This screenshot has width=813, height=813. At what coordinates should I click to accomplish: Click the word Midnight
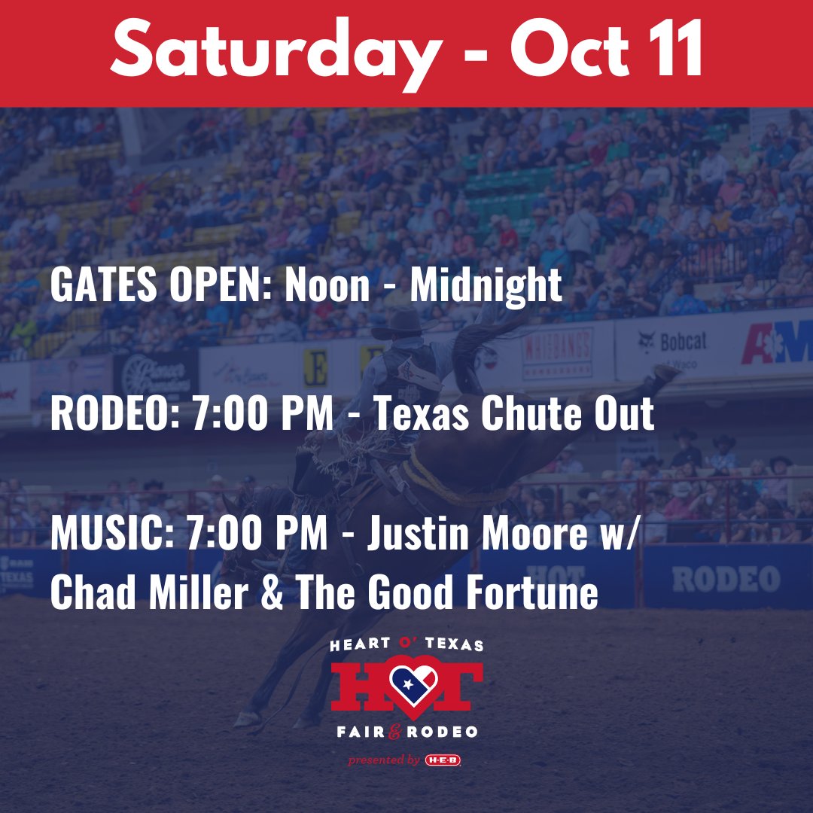click(486, 285)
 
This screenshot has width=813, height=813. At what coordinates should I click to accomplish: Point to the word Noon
click(327, 285)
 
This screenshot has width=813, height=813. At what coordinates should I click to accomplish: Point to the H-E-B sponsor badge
click(443, 760)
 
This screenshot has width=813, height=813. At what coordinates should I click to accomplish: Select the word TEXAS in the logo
click(455, 645)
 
